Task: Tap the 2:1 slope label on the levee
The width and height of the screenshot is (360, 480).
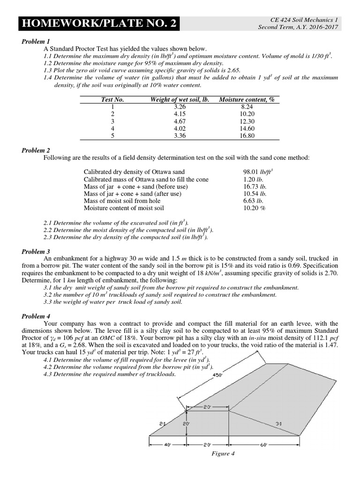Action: [163, 423]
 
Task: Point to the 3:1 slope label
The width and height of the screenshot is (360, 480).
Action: [278, 423]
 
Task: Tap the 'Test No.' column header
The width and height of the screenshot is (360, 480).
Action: [112, 99]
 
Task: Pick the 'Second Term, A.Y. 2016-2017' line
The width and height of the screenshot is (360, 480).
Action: [300, 27]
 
